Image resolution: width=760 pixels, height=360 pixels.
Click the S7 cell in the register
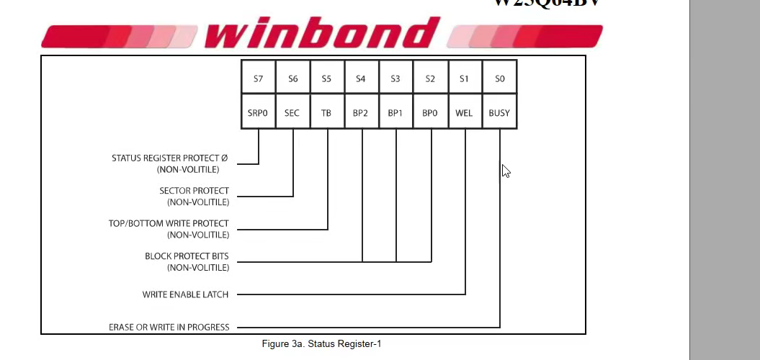coord(258,78)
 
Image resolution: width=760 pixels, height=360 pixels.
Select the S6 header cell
coord(292,78)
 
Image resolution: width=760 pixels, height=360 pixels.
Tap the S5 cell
coord(327,78)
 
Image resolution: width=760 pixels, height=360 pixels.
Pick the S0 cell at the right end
coord(500,78)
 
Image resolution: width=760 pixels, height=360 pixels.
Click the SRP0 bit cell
coord(258,113)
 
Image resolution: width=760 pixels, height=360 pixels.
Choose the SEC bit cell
coord(292,113)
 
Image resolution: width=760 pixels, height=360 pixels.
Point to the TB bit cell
coord(327,113)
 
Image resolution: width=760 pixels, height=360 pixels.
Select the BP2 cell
coord(361,113)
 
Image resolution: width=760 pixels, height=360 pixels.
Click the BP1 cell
coord(395,113)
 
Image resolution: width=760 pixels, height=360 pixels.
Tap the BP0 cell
coord(430,113)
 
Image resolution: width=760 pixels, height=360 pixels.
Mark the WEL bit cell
coord(465,113)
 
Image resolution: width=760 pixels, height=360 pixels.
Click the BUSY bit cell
coord(499,113)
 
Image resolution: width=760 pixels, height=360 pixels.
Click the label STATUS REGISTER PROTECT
coord(169,158)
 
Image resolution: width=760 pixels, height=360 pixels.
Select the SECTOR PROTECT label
coord(194,192)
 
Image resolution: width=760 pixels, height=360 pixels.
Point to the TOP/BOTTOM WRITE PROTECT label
coord(169,224)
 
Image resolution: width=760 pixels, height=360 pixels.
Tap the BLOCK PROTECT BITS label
coord(187,256)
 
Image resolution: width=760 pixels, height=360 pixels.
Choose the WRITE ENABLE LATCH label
coord(185,294)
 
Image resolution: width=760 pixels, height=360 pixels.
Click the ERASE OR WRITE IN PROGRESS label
coord(169,328)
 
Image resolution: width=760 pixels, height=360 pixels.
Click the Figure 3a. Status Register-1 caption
coord(321,344)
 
